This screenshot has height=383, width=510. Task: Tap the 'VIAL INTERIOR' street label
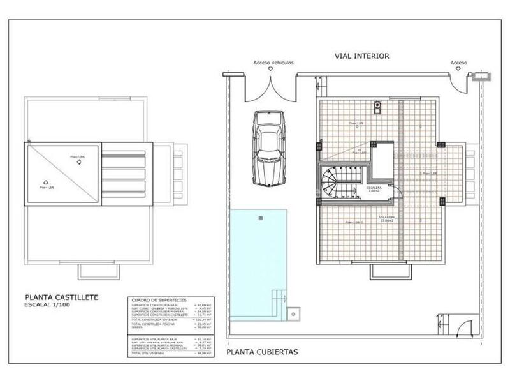tap(362, 56)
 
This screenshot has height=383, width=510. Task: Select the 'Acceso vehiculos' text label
tap(273, 63)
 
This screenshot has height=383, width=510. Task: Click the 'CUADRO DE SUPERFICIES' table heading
tap(153, 300)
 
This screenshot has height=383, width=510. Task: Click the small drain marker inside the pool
tap(259, 218)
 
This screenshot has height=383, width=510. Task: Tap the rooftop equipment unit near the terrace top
tap(377, 107)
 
